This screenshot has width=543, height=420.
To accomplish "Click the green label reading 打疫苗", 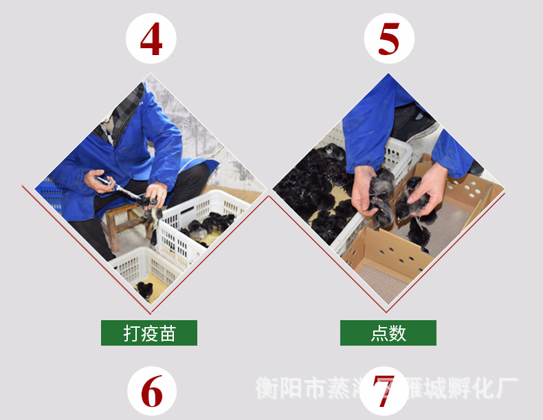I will [x=149, y=333].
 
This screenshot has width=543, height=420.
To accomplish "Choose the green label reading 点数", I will [x=388, y=333].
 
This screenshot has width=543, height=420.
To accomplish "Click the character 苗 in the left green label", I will [x=167, y=333].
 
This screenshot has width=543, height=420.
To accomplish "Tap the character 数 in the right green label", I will [x=398, y=333].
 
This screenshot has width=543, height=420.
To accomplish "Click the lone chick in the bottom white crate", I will [x=144, y=289].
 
